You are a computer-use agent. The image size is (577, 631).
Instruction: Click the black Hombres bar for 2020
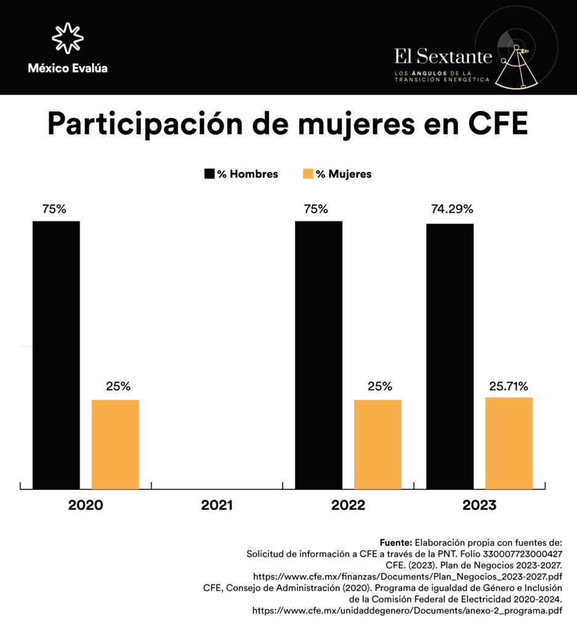pos(56,355)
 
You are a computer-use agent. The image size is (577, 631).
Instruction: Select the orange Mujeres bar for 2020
pos(115,444)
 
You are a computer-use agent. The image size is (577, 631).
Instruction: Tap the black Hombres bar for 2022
pos(318,355)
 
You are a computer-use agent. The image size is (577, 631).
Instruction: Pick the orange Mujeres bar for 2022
pos(377,444)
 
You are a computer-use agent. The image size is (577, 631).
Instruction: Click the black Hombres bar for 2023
pos(450,356)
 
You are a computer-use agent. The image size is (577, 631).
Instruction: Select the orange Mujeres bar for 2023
pos(509,443)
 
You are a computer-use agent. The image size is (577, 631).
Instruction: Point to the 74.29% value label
pos(451,209)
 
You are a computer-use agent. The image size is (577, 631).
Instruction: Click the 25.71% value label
pos(509,386)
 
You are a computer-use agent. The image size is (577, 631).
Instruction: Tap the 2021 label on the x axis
pos(217,506)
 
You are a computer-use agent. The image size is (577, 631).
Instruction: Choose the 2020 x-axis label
pos(86,506)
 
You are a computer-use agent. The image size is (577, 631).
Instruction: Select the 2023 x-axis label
pos(479,506)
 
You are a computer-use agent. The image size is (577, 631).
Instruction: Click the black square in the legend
pos(209,174)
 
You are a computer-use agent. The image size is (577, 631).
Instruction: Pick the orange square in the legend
pos(309,174)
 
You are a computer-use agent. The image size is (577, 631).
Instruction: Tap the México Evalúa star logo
pos(67,38)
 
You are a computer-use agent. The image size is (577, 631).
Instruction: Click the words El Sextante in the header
pos(443,57)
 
